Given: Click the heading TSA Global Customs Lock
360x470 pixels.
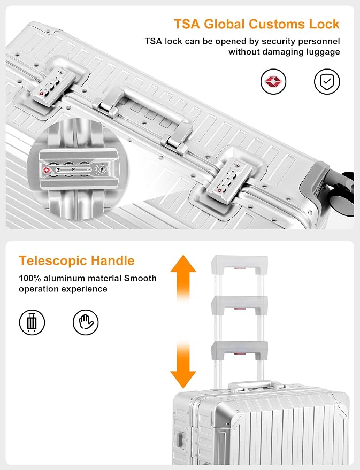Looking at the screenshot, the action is click(257, 24).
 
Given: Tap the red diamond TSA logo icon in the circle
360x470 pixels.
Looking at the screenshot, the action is click(273, 81).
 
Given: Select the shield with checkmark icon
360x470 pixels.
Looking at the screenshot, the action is click(327, 81).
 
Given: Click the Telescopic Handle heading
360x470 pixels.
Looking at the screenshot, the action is click(76, 260).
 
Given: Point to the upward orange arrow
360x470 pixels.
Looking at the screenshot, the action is click(183, 278).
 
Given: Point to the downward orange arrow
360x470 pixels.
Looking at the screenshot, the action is click(183, 365).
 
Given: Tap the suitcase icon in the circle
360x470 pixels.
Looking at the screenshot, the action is click(32, 322).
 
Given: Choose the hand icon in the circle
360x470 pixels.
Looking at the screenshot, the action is click(86, 322).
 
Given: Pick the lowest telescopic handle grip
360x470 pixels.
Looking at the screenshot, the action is click(240, 350).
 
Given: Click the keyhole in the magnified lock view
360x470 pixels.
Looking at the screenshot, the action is click(101, 169).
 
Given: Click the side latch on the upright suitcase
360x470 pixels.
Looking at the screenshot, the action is click(180, 441).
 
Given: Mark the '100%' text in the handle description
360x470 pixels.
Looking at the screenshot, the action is click(30, 278).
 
